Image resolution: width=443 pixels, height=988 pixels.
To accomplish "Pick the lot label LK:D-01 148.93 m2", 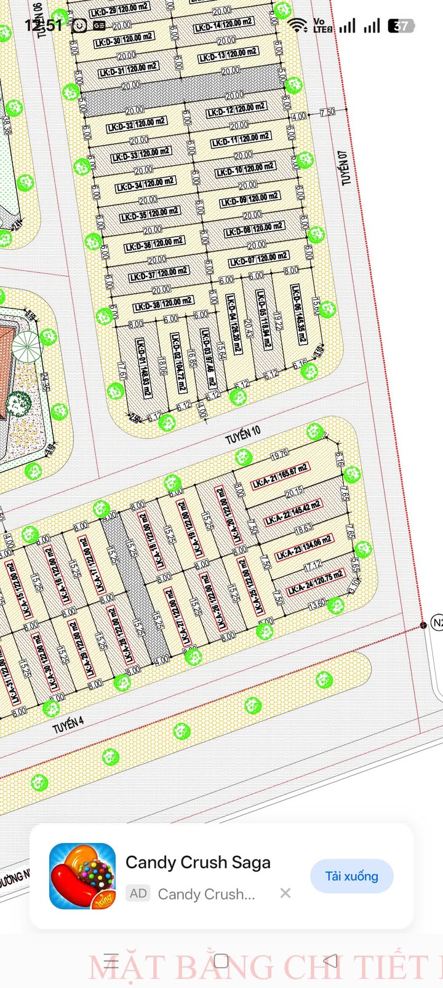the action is click(144, 368).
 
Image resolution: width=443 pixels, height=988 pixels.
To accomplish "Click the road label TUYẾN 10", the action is click(243, 435).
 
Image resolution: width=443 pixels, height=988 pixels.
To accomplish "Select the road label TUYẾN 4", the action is click(68, 724).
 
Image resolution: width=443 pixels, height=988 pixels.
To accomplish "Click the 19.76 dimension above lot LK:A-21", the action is click(279, 455).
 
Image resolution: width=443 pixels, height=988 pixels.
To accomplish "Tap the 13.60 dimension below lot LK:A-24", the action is click(317, 604).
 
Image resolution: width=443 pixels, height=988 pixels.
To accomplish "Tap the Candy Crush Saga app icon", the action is click(82, 876).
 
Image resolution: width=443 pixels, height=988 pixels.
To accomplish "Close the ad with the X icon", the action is click(285, 893).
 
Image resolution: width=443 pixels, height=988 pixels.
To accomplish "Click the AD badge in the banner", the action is click(138, 893).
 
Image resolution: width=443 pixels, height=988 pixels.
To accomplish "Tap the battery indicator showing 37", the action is click(401, 26).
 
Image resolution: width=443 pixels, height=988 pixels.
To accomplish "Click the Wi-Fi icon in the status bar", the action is click(298, 25).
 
